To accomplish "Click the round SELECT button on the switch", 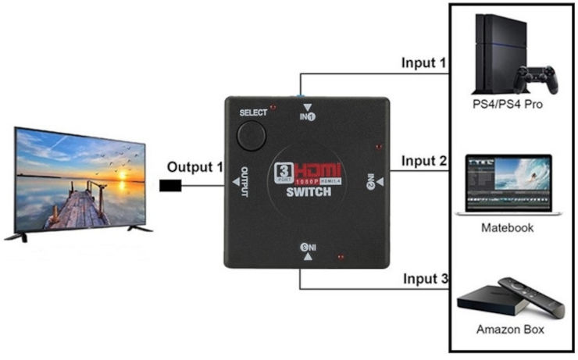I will click(x=252, y=136).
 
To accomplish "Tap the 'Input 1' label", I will click(x=424, y=62).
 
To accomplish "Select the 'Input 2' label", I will click(x=424, y=162).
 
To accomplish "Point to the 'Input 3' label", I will click(x=425, y=279).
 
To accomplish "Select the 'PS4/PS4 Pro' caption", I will click(x=508, y=103).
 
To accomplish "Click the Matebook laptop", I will click(x=508, y=184).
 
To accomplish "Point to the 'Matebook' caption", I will click(x=508, y=228).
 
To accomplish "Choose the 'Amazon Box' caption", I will click(x=510, y=330).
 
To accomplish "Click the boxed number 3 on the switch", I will click(x=284, y=172).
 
